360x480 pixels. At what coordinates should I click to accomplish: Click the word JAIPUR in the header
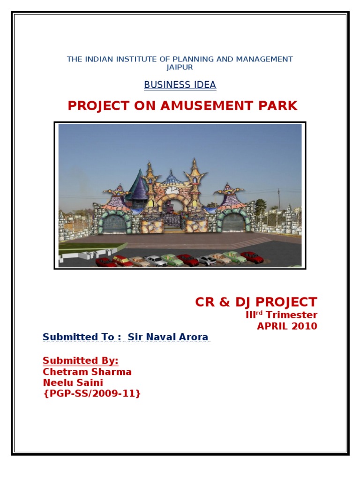[x=180, y=67]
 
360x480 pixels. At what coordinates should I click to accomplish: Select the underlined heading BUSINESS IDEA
[x=180, y=85]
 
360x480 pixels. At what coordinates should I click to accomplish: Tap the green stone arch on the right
[x=233, y=219]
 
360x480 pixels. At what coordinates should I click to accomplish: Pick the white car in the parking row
[x=156, y=261]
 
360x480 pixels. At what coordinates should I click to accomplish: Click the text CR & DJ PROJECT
[x=256, y=302]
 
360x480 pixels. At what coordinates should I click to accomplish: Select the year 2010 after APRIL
[x=305, y=326]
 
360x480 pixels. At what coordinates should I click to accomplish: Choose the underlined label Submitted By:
[x=80, y=360]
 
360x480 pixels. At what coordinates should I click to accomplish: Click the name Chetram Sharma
[x=87, y=372]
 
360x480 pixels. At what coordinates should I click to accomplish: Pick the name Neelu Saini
[x=73, y=383]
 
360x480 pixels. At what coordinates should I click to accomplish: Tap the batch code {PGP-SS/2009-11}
[x=91, y=394]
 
